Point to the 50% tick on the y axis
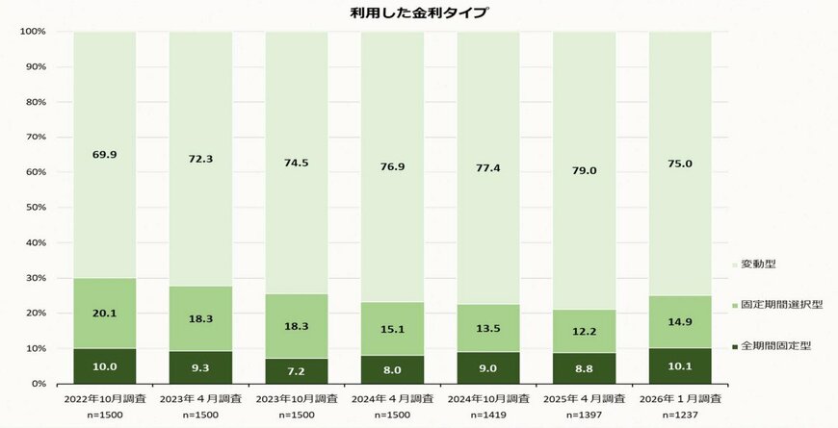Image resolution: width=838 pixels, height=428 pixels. point(33,208)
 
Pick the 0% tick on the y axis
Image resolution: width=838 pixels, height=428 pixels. point(37,384)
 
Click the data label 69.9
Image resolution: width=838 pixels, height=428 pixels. point(105,154)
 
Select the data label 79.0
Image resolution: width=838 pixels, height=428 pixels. point(585,170)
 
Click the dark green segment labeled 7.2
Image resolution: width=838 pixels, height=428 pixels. point(297,371)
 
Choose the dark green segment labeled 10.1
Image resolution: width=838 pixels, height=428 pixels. point(680,366)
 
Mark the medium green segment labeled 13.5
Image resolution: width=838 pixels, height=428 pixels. point(488,328)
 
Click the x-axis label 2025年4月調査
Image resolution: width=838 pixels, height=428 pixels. point(585,397)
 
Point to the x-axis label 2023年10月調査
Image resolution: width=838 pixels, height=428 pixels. point(297,397)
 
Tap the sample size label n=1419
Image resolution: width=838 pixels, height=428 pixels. point(488,415)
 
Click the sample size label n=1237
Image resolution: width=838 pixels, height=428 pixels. point(680,415)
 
